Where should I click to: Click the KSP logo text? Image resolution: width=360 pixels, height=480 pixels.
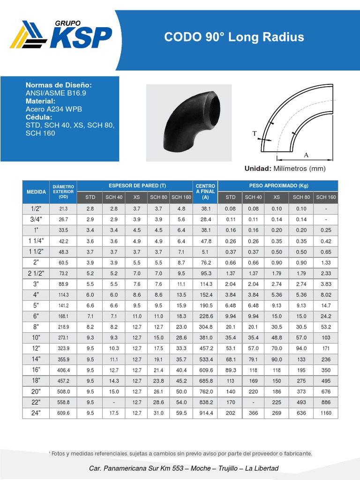click(x=81, y=37)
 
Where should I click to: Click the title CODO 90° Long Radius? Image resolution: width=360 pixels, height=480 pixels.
click(x=234, y=37)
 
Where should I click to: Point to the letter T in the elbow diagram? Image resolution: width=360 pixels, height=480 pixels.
click(x=255, y=134)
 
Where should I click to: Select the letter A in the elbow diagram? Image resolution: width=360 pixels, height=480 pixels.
click(x=306, y=155)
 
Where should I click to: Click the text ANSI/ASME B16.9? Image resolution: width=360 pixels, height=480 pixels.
click(x=56, y=93)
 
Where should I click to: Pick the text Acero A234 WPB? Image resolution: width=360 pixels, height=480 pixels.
click(x=53, y=109)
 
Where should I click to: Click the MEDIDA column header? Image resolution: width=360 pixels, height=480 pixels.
click(x=36, y=192)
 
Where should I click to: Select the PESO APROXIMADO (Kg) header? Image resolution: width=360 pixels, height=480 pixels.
click(x=277, y=186)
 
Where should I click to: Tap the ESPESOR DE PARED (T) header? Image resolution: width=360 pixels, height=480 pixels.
click(x=134, y=186)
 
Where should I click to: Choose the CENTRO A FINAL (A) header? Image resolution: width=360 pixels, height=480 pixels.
click(x=205, y=192)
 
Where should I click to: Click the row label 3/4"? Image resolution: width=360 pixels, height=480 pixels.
click(x=36, y=219)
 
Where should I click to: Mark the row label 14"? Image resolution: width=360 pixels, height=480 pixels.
click(x=36, y=360)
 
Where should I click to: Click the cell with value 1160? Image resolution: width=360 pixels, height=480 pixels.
click(x=326, y=413)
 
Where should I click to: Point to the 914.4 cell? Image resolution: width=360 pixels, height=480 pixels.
click(x=206, y=413)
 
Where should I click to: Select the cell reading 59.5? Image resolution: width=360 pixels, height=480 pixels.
click(x=181, y=413)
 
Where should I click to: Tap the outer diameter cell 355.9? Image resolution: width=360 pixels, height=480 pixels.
click(x=64, y=360)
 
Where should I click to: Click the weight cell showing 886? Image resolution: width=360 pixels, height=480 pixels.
click(x=326, y=402)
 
